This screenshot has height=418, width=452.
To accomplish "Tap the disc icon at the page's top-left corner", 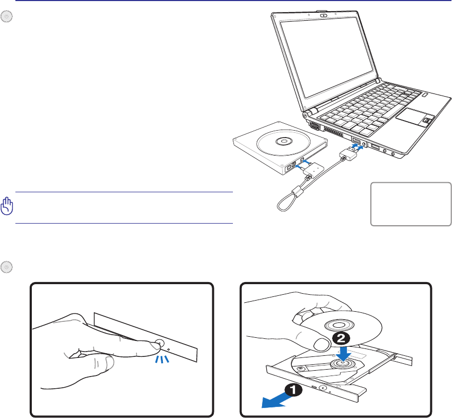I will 5,17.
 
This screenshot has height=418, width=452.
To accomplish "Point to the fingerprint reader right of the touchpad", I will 427,122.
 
